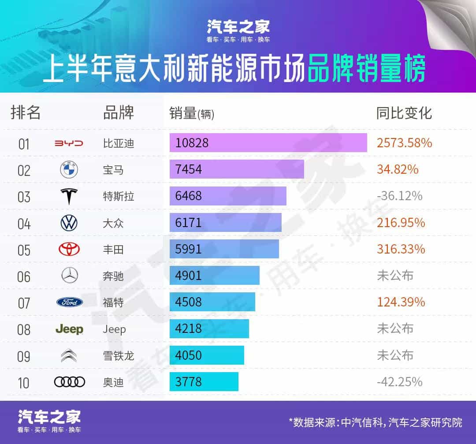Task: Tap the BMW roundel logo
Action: pyautogui.click(x=68, y=170)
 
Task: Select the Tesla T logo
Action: pyautogui.click(x=68, y=196)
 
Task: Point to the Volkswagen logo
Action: pyautogui.click(x=69, y=223)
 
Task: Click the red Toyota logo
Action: pyautogui.click(x=69, y=250)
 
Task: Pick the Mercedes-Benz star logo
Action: pyautogui.click(x=69, y=276)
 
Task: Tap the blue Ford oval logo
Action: pyautogui.click(x=69, y=302)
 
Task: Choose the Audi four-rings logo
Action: pyautogui.click(x=69, y=382)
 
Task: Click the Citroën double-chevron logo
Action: pyautogui.click(x=69, y=355)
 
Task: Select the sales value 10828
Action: pyautogui.click(x=192, y=143)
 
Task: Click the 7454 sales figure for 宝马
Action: pyautogui.click(x=189, y=170)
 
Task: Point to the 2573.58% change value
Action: pyautogui.click(x=405, y=143)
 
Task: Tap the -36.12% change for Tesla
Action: pyautogui.click(x=400, y=196)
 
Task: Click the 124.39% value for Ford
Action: pyautogui.click(x=401, y=302)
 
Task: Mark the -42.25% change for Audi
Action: pyautogui.click(x=400, y=382)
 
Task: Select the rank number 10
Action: pyautogui.click(x=24, y=382)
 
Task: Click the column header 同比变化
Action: pyautogui.click(x=404, y=113)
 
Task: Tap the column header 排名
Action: pyautogui.click(x=26, y=113)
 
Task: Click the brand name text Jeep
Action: pyautogui.click(x=114, y=329)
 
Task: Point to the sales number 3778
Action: pyautogui.click(x=188, y=382)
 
